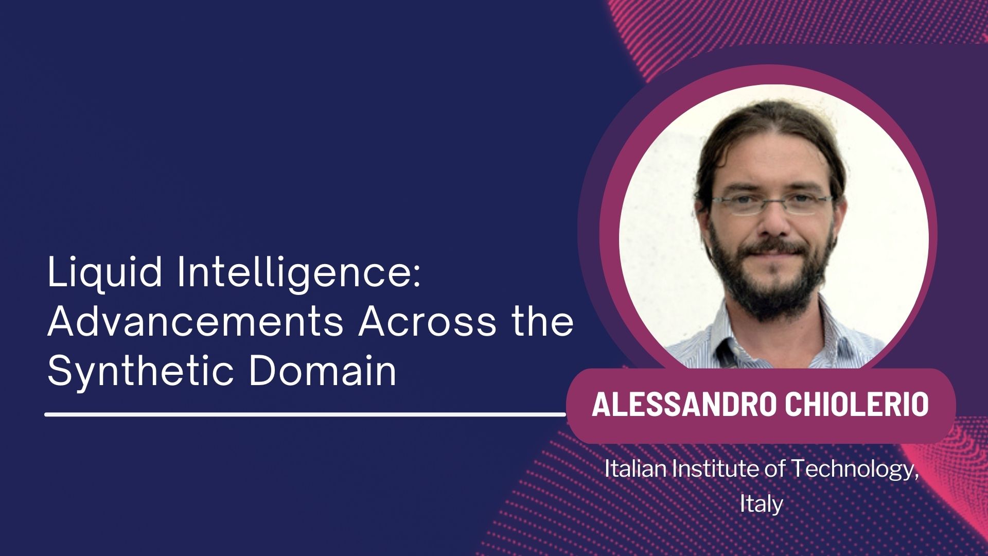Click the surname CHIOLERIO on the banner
857,404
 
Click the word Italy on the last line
761,503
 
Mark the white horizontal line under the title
306,414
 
